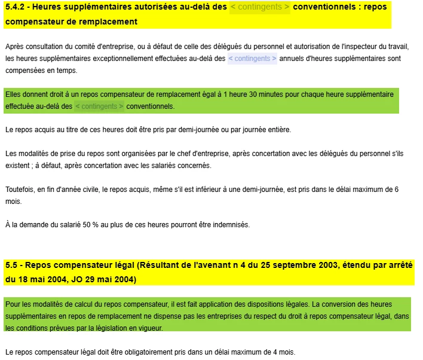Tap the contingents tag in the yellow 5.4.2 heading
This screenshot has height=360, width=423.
click(x=260, y=7)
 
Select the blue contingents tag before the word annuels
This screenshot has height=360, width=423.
click(x=252, y=59)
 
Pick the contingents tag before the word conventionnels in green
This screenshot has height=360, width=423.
click(x=99, y=106)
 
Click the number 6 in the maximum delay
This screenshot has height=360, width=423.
click(x=396, y=190)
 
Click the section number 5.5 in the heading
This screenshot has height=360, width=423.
click(x=12, y=265)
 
